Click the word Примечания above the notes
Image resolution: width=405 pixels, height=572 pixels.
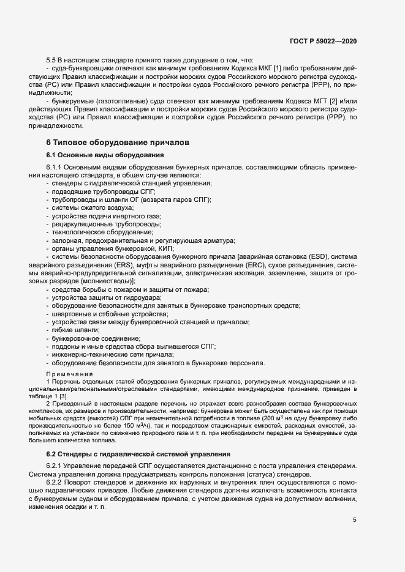[69, 373]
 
